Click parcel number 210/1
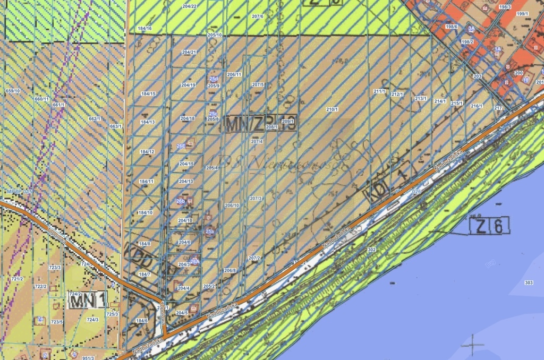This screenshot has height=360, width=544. [331, 109]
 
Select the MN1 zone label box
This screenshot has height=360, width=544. [88, 301]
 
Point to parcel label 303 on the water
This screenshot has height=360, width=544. [528, 282]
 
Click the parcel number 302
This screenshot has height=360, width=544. [371, 250]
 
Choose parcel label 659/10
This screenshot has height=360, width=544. [12, 91]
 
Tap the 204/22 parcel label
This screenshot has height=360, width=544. [189, 6]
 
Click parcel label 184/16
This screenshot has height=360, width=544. [144, 28]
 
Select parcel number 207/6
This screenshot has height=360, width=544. [258, 16]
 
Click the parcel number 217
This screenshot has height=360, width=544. [498, 108]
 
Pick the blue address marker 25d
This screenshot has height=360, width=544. [214, 79]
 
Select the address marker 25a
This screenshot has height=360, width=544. [209, 232]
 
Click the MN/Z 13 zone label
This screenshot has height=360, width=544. [260, 123]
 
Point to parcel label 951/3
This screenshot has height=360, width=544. [88, 358]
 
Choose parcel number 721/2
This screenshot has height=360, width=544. [18, 278]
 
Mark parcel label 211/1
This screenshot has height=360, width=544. [379, 91]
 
